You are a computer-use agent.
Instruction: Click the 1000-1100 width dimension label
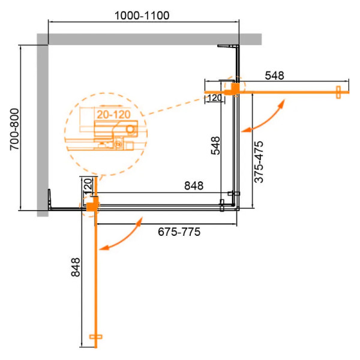142,14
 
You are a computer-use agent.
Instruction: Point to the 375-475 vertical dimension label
259,164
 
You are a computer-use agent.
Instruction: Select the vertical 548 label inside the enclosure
215,146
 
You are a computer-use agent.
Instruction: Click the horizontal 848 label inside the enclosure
193,186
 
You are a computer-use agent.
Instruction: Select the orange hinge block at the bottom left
92,206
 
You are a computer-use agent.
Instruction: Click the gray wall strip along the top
150,39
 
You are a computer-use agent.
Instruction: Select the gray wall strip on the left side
42,126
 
